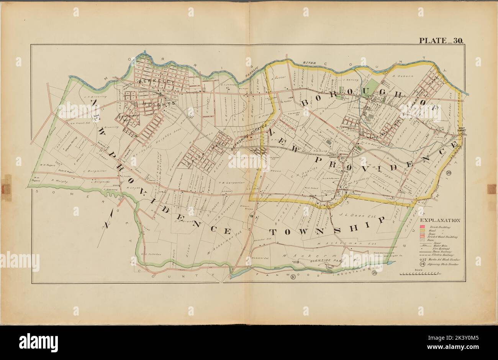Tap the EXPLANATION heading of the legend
coord(440,220)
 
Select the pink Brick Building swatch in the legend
coord(422,227)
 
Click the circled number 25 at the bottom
coord(374,273)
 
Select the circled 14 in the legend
coord(422,265)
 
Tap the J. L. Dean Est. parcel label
coord(347,210)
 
